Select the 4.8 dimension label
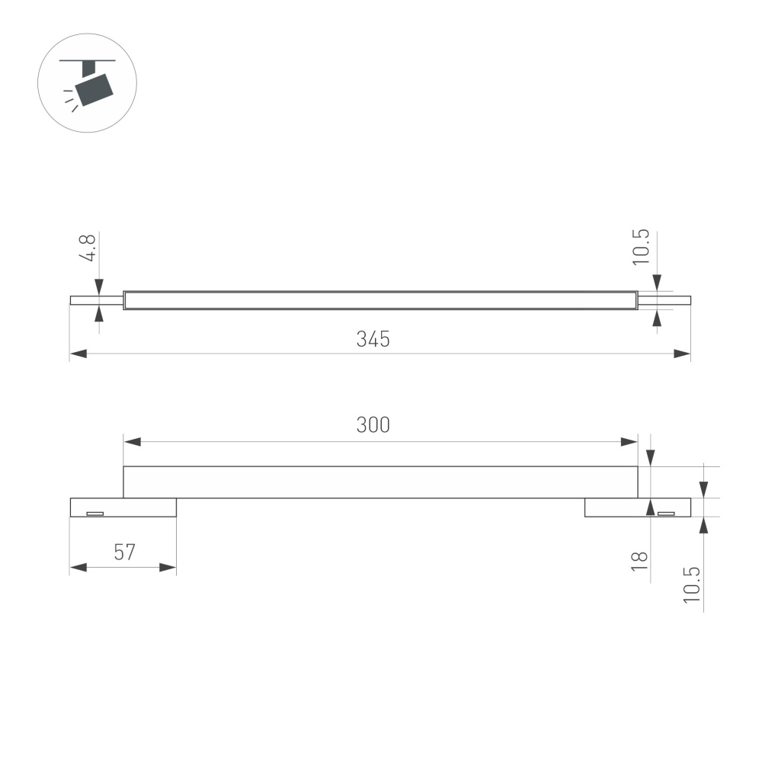click(x=88, y=248)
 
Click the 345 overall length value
click(x=373, y=339)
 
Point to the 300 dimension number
click(x=373, y=425)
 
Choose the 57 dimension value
click(x=124, y=552)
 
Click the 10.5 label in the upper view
click(x=640, y=246)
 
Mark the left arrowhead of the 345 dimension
click(x=77, y=354)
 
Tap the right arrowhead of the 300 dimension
click(x=630, y=441)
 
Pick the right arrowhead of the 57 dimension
click(x=169, y=567)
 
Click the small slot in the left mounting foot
click(x=94, y=513)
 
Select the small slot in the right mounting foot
click(x=666, y=513)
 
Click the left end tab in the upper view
click(x=96, y=300)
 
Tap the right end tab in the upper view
click(x=664, y=300)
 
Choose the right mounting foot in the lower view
click(x=637, y=507)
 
